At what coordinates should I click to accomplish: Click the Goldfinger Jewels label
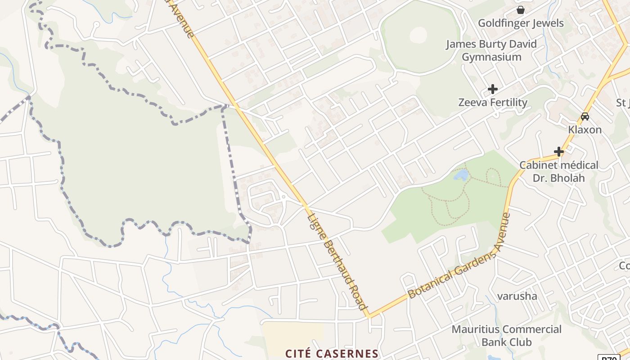[521, 23]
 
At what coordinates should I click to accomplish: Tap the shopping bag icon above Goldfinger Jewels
[521, 9]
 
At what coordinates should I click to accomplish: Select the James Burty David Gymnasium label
[491, 50]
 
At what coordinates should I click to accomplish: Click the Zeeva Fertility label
[493, 103]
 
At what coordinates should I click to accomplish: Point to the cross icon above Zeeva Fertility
[493, 89]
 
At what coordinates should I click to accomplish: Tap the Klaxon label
[585, 130]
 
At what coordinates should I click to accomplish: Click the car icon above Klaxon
[585, 116]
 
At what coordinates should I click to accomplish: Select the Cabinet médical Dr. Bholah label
[559, 171]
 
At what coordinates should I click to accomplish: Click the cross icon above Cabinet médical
[559, 152]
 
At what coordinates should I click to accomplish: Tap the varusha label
[517, 296]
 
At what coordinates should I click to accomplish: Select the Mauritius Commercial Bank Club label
[507, 336]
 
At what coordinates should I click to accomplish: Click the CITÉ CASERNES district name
[332, 353]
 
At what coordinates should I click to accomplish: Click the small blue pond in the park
[461, 175]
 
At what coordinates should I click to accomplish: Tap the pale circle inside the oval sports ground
[418, 35]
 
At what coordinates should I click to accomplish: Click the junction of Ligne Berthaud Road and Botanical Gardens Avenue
[369, 315]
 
